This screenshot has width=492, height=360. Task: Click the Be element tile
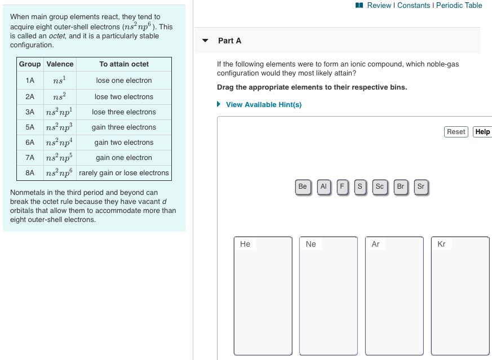coord(303,186)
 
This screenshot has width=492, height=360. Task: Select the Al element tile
coord(323,186)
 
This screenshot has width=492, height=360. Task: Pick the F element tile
coord(342,186)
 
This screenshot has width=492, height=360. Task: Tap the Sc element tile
coord(379,186)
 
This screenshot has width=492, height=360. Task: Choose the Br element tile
coord(401,186)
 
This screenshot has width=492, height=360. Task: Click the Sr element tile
coord(420,186)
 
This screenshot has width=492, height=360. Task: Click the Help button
coord(482,131)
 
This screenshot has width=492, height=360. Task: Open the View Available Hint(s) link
coord(263,105)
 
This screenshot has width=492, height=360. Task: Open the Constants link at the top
coord(414,5)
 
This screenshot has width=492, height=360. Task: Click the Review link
coord(379,5)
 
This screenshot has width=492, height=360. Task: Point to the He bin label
coord(245,244)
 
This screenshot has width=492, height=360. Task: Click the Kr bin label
coord(441,244)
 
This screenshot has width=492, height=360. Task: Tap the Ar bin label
coord(376,244)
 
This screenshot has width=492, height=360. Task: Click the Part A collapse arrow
coord(206,41)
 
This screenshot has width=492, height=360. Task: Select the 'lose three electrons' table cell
coord(124,112)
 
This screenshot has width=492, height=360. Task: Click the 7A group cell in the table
coord(30,158)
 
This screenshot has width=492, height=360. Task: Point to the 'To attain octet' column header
coord(124,64)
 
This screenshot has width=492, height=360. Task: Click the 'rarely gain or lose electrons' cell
coord(124,173)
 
